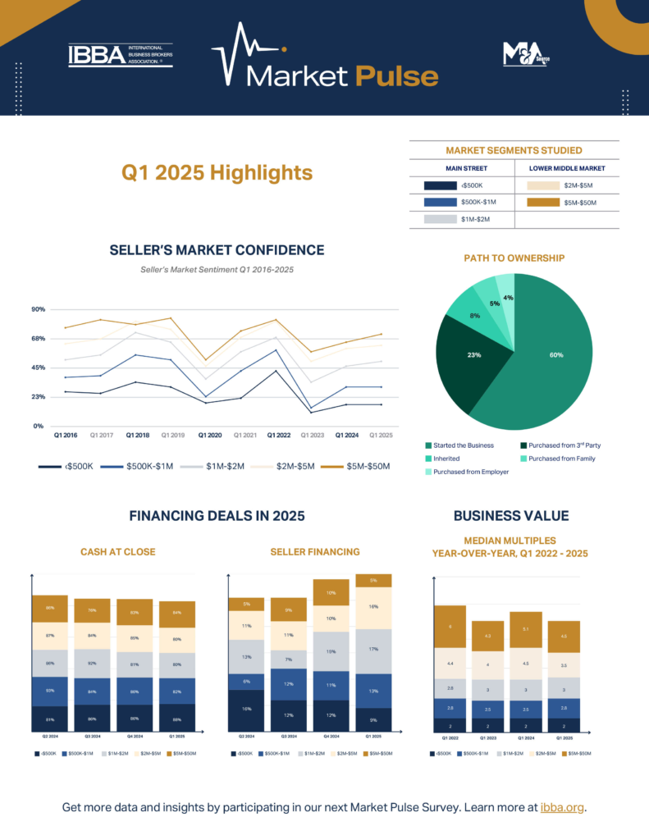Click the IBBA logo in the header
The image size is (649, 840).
[x=120, y=55]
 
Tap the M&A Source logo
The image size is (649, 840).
[x=525, y=54]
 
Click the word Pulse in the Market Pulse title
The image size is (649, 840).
[x=396, y=75]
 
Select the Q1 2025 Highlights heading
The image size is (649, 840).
[x=217, y=172]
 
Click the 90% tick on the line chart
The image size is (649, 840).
[x=38, y=309]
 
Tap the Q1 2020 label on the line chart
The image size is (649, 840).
[x=210, y=435]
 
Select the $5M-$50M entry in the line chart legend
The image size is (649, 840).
[x=357, y=466]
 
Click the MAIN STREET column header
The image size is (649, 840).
[x=462, y=168]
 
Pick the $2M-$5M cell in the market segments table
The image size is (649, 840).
[x=567, y=185]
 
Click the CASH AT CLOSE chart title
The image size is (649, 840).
[x=118, y=552]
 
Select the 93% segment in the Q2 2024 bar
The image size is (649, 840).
[x=50, y=691]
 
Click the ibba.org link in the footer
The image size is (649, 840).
[x=563, y=808]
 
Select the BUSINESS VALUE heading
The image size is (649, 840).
[x=510, y=516]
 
